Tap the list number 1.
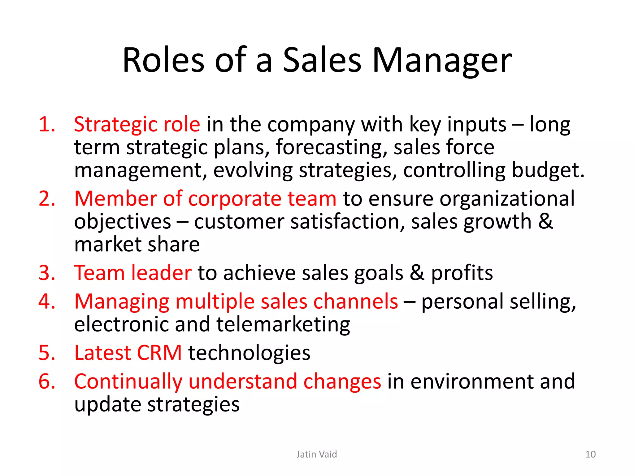(x=46, y=124)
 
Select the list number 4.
(x=46, y=301)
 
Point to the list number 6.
(x=46, y=381)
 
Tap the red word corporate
(x=234, y=199)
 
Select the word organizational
(x=507, y=199)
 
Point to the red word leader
(x=161, y=273)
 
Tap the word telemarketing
(x=283, y=325)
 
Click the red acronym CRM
(x=159, y=353)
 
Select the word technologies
(x=249, y=353)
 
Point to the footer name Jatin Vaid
(x=316, y=454)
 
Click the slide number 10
(x=590, y=454)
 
